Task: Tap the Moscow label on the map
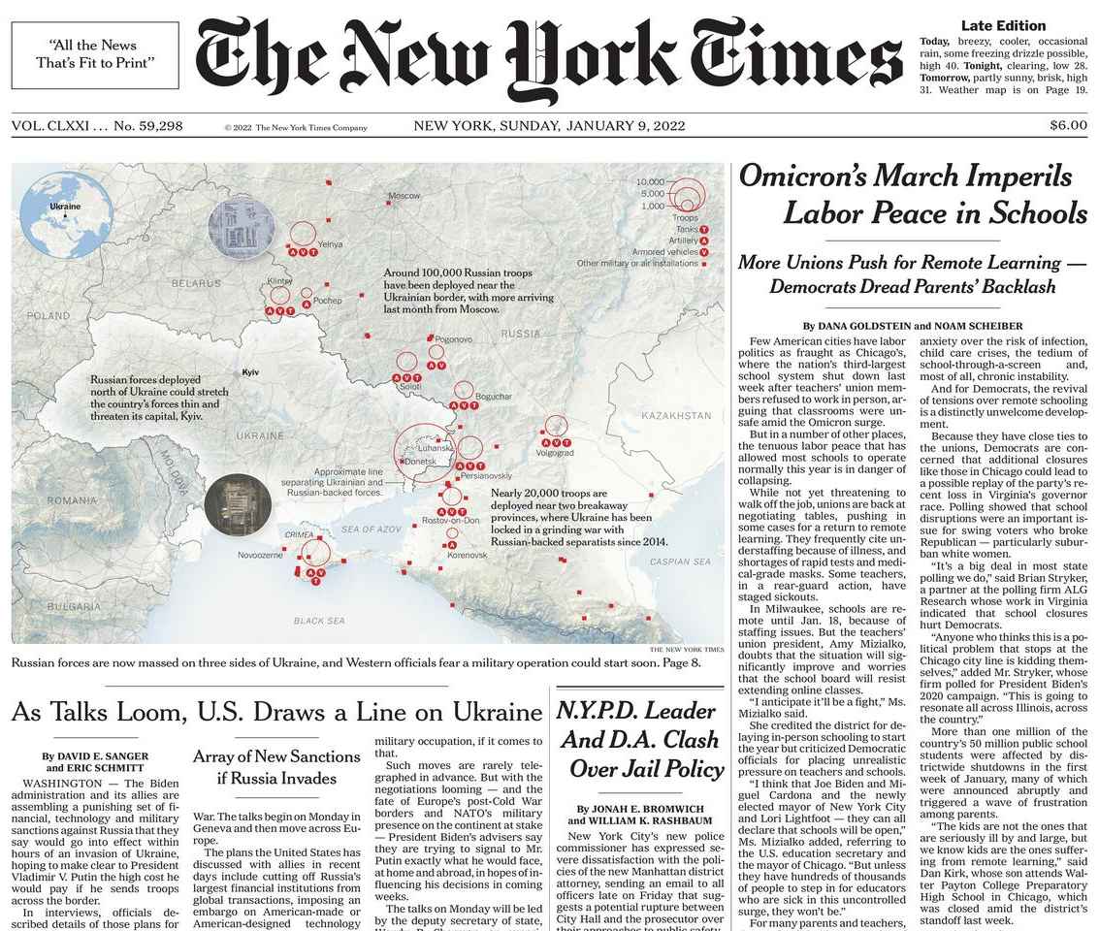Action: [x=404, y=196]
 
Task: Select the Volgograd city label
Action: [x=555, y=453]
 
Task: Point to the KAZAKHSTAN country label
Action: [x=676, y=415]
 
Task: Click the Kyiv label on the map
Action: [x=250, y=372]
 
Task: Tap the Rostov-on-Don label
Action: [x=451, y=521]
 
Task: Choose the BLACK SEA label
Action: [x=319, y=620]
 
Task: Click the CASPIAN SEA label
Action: [x=680, y=562]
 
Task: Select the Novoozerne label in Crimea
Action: [x=260, y=555]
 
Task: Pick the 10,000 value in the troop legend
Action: [x=651, y=182]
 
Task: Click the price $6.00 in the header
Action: [x=1068, y=125]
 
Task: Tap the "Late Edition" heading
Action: [x=1003, y=26]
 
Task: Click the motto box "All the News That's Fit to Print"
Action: [x=95, y=54]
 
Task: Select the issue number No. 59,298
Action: [x=148, y=126]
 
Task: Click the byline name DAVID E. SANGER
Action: [x=95, y=755]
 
